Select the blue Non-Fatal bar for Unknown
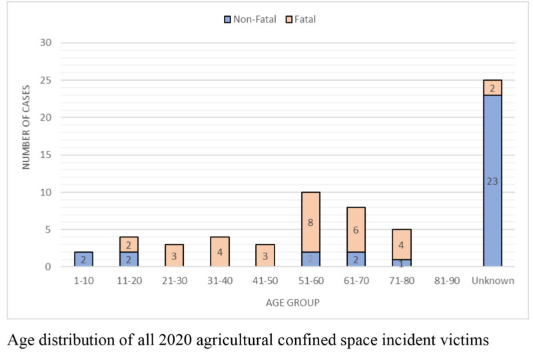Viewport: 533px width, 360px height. pos(492,181)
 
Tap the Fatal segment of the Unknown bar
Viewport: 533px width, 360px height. pos(492,88)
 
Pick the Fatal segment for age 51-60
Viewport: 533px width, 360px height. pos(310,222)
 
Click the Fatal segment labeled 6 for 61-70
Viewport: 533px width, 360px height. pos(356,229)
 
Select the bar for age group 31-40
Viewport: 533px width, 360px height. pos(220,252)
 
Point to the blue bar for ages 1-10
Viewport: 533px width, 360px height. pos(83,259)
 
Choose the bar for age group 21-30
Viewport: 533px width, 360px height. pos(174,256)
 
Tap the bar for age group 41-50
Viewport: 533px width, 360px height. pos(265,256)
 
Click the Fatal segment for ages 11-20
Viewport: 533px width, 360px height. pos(129,245)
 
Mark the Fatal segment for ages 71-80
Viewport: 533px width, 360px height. pos(401,244)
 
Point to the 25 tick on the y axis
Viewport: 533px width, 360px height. pos(52,81)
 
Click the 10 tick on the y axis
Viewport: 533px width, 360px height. pos(52,193)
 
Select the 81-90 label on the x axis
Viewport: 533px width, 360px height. pos(446,281)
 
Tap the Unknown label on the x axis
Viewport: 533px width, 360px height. pos(492,281)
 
